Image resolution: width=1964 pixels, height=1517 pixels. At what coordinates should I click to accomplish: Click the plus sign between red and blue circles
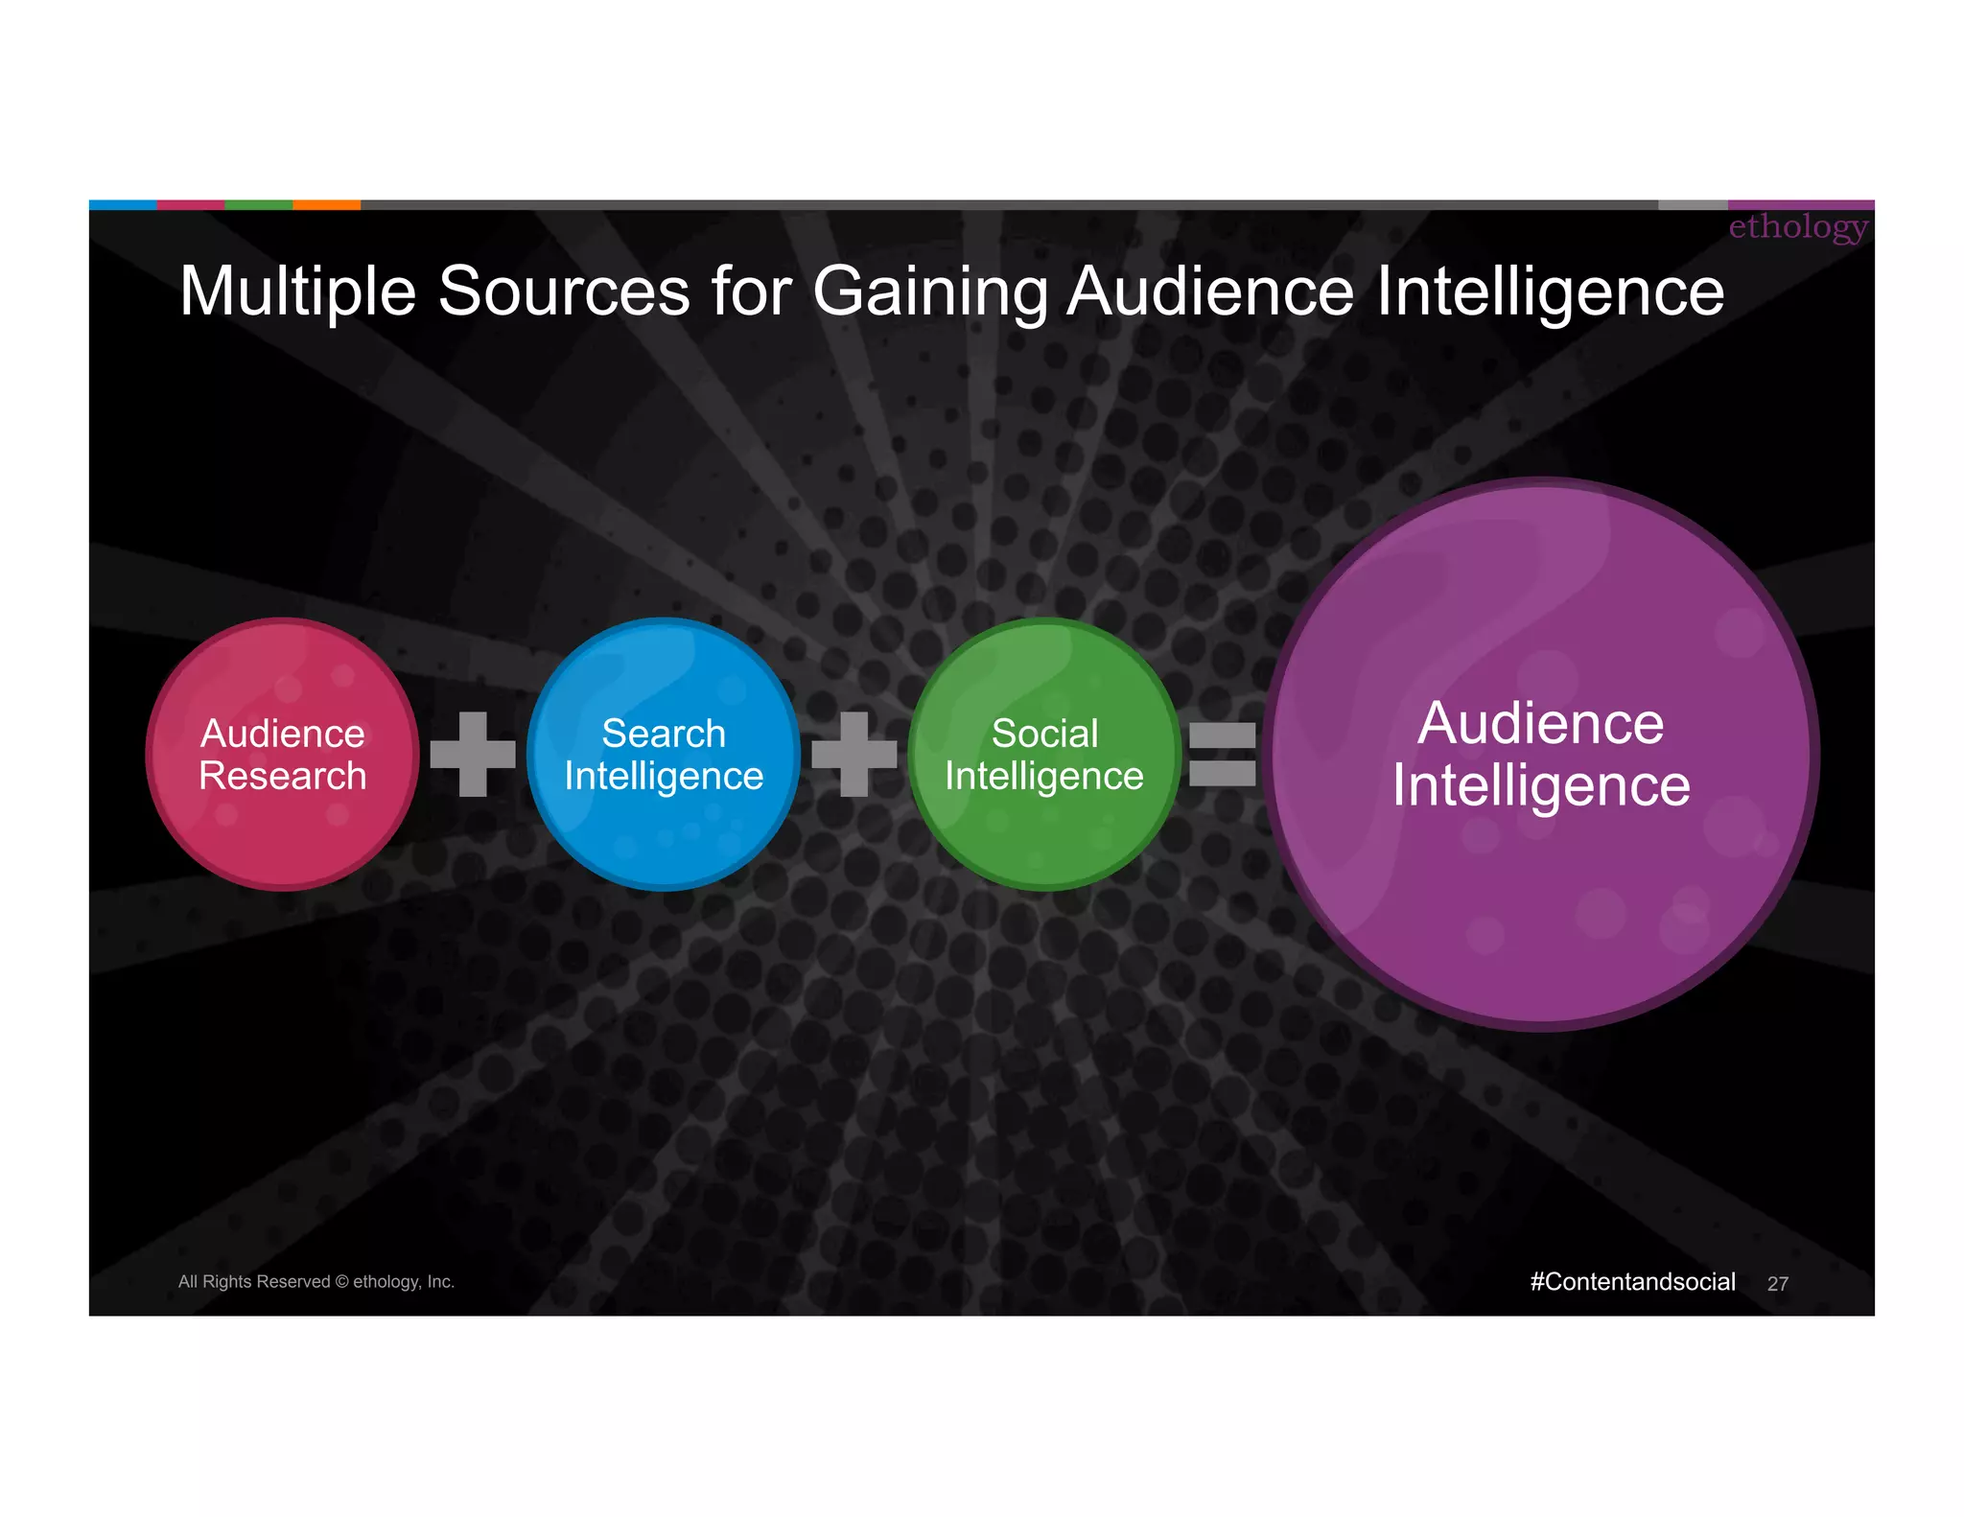(473, 755)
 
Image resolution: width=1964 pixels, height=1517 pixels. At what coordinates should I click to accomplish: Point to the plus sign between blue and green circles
(853, 755)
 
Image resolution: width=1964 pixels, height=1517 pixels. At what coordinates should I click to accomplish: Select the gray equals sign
(1222, 755)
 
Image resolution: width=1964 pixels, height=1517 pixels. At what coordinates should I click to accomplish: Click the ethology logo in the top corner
(1797, 227)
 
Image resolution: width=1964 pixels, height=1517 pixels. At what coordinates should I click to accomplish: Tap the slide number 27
(1777, 1284)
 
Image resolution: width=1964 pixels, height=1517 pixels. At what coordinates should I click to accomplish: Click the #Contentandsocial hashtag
(1632, 1282)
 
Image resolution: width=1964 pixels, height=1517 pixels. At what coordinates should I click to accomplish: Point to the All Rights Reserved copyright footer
(316, 1282)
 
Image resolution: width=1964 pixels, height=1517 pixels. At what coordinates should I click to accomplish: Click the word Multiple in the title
(297, 292)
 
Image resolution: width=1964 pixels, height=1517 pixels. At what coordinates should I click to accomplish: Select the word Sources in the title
(564, 292)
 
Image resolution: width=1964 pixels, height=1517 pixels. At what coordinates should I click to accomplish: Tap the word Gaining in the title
(929, 292)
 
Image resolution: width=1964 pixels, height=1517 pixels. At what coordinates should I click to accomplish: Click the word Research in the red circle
(282, 776)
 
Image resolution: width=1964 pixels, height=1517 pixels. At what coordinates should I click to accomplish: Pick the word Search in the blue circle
(663, 734)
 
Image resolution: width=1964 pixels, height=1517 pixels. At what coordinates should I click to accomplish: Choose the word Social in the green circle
(1044, 734)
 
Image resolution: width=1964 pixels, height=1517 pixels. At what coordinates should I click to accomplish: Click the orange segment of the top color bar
(326, 204)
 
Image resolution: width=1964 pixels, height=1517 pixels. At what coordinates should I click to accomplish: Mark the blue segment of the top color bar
(123, 204)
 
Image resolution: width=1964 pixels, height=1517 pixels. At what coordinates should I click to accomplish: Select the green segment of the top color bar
(258, 204)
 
